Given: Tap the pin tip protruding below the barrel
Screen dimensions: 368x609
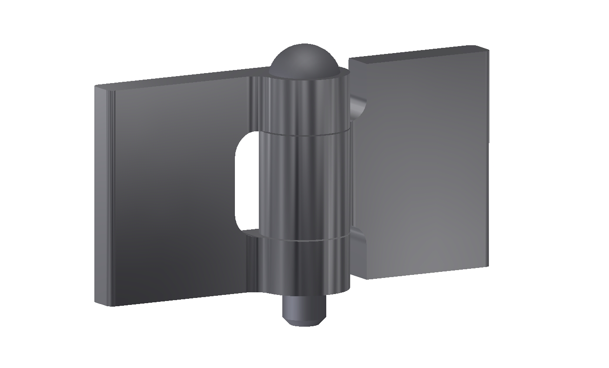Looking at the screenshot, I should click(x=304, y=311).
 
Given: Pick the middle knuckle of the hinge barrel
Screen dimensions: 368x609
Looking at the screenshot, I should click(x=304, y=185).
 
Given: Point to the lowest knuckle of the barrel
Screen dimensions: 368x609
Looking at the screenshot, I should click(x=304, y=265).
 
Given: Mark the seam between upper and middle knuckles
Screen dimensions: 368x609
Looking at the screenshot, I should click(x=304, y=132).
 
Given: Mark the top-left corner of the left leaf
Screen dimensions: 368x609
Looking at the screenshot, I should click(x=96, y=86).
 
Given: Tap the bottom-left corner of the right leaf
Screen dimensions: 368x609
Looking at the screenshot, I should click(x=368, y=278).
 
